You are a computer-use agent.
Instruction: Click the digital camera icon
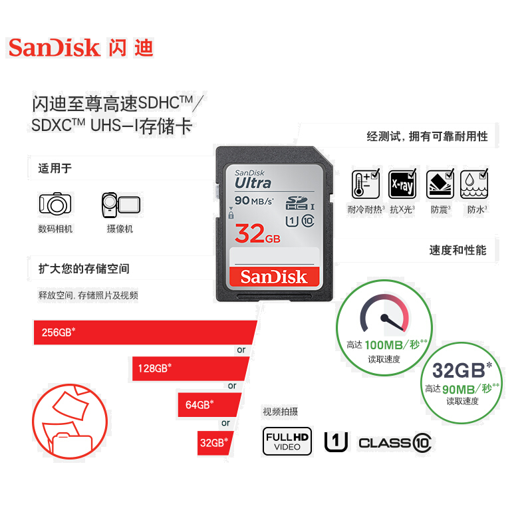pyautogui.click(x=55, y=203)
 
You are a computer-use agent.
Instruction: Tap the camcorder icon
pyautogui.click(x=120, y=204)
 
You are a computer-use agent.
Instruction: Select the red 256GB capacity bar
pyautogui.click(x=143, y=332)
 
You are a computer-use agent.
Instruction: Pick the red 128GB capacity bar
pyautogui.click(x=190, y=368)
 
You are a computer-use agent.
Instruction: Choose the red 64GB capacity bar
pyautogui.click(x=207, y=404)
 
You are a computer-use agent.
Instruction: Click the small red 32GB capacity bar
pyautogui.click(x=215, y=442)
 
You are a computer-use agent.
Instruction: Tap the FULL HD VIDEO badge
pyautogui.click(x=287, y=441)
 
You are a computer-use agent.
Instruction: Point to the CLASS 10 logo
pyautogui.click(x=394, y=442)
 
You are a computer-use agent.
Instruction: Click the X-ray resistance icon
pyautogui.click(x=402, y=184)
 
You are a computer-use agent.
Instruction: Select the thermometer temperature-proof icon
pyautogui.click(x=365, y=184)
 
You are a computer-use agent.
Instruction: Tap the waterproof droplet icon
pyautogui.click(x=475, y=184)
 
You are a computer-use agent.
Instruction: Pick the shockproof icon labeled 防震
pyautogui.click(x=439, y=184)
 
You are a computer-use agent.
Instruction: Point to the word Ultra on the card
pyautogui.click(x=252, y=182)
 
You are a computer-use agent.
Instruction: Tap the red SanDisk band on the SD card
pyautogui.click(x=273, y=277)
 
